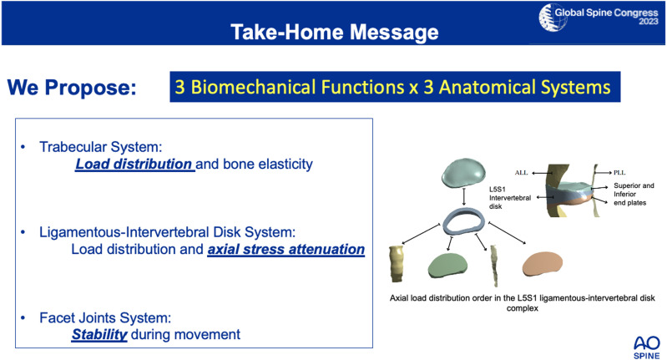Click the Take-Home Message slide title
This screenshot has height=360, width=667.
point(334,33)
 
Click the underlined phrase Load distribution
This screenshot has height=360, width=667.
point(134,165)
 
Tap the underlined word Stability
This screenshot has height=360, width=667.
point(99,335)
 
